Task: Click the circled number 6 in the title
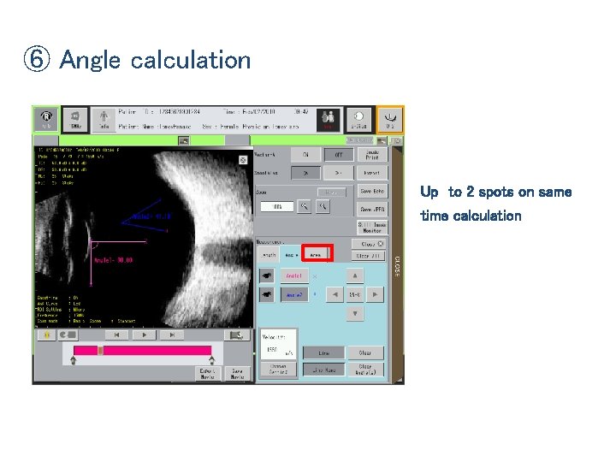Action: pyautogui.click(x=38, y=60)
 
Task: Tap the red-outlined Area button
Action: pyautogui.click(x=316, y=254)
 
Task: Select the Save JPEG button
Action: pyautogui.click(x=372, y=209)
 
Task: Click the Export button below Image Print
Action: pyautogui.click(x=372, y=172)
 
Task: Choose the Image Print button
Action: pyautogui.click(x=372, y=154)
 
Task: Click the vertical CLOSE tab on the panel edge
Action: pyautogui.click(x=397, y=264)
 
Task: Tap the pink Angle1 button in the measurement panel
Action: pyautogui.click(x=293, y=275)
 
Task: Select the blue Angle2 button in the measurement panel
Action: pyautogui.click(x=293, y=294)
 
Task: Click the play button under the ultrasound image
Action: pyautogui.click(x=145, y=335)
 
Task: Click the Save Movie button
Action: pyautogui.click(x=237, y=373)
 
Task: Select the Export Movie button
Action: pyautogui.click(x=208, y=373)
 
